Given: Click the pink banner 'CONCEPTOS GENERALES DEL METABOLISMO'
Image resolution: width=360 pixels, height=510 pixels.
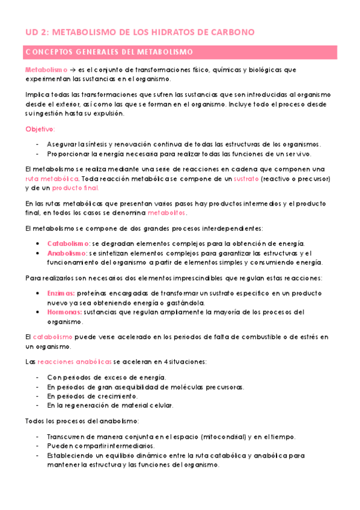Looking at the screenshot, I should (x=109, y=52).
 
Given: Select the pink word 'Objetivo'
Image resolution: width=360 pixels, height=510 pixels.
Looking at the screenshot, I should (x=40, y=129).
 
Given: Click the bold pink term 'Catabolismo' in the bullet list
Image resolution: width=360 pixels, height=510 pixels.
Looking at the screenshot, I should (x=68, y=244).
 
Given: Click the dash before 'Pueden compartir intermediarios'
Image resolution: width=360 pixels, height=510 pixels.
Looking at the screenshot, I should (x=38, y=446).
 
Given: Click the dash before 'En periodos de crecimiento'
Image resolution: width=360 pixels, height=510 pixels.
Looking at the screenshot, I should (x=38, y=396).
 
